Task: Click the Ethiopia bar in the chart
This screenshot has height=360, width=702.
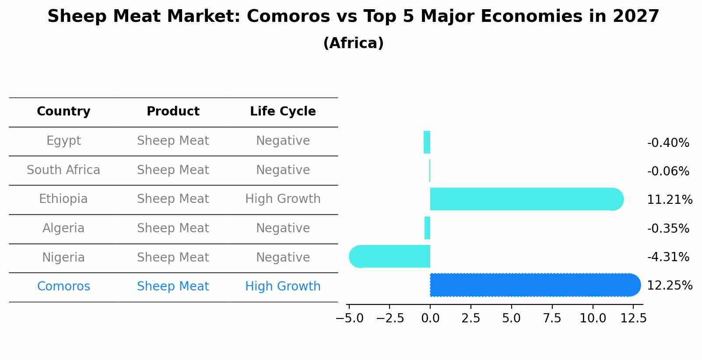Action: [x=525, y=199]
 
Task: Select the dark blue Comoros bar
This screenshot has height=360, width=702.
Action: [x=534, y=285]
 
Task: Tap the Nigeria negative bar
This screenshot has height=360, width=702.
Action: [x=390, y=256]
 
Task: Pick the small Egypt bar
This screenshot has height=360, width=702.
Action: [x=427, y=142]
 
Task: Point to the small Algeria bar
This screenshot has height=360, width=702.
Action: [x=428, y=228]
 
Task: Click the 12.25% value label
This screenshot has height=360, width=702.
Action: [x=669, y=286]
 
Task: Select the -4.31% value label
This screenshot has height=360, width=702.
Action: [x=668, y=257]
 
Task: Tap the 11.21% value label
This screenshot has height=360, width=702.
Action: [x=669, y=200]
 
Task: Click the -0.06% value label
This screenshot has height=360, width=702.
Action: [x=668, y=171]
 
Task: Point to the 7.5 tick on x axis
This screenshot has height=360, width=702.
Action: [x=552, y=318]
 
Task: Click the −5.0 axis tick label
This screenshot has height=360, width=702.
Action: [x=349, y=318]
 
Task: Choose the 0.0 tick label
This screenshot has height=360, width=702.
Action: [x=430, y=318]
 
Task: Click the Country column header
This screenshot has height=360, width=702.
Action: [x=63, y=112]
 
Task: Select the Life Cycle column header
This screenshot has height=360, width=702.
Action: [x=283, y=112]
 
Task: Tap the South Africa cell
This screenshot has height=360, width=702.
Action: [x=63, y=170]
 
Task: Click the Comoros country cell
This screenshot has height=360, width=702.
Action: [x=63, y=287]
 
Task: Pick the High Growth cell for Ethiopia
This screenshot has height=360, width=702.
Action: [x=283, y=199]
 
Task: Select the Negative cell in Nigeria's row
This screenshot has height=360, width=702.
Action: [x=283, y=257]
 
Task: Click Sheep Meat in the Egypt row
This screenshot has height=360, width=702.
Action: [x=173, y=141]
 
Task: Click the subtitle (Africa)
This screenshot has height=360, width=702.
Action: [x=353, y=43]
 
